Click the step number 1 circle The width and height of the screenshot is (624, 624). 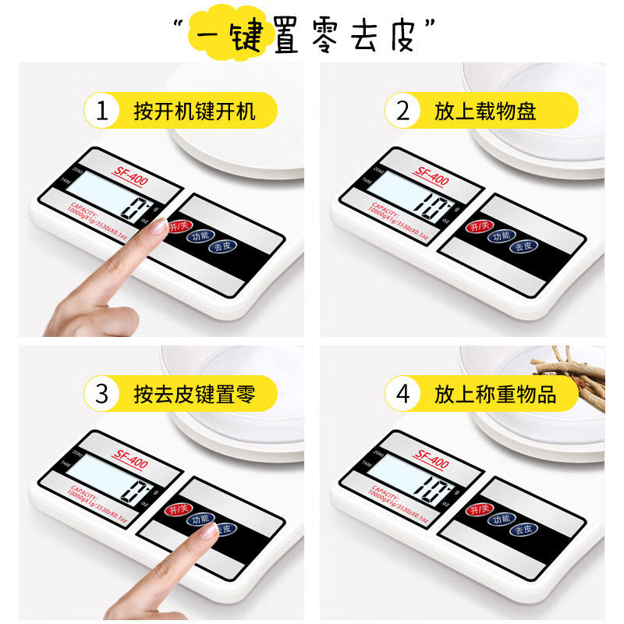(101, 111)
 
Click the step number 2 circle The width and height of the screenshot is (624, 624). (402, 111)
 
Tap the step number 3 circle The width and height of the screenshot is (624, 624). (101, 394)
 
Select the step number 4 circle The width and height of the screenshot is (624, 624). (402, 394)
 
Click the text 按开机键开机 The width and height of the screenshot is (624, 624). (194, 111)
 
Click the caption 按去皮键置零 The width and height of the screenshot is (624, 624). (194, 394)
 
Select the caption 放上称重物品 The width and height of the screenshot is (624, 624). (496, 394)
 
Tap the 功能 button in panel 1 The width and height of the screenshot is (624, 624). (200, 236)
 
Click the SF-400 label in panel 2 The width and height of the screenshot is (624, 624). (431, 179)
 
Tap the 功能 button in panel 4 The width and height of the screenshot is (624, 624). (499, 519)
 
